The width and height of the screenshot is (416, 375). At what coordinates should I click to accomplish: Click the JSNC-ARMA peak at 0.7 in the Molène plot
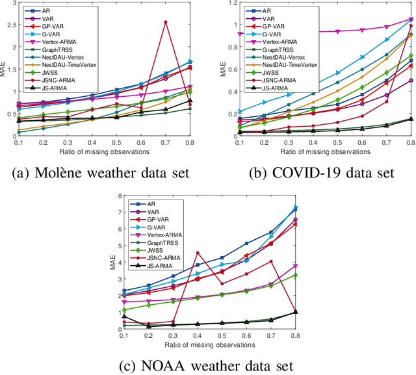[x=166, y=22]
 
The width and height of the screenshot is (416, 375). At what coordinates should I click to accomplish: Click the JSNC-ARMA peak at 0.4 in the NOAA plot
[x=198, y=253]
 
